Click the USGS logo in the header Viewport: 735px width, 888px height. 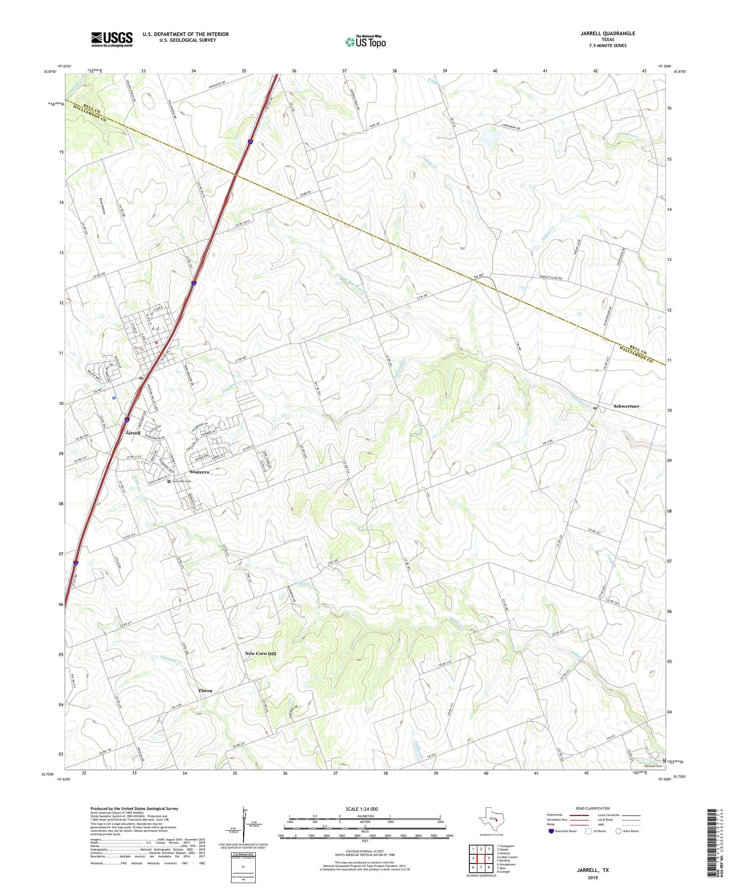(x=112, y=39)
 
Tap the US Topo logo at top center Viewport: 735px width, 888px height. (x=365, y=42)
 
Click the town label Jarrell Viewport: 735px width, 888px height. (x=133, y=433)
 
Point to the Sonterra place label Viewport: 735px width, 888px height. (x=199, y=472)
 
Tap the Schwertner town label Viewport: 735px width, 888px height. (x=626, y=406)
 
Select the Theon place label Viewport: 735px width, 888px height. (x=205, y=691)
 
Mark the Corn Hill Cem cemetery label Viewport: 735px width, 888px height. (x=181, y=481)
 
